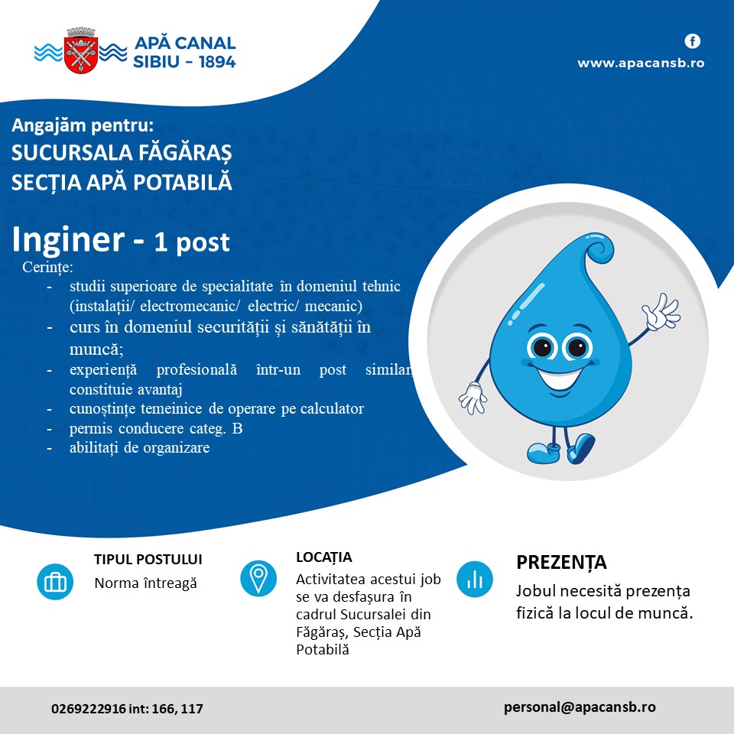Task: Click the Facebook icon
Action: pyautogui.click(x=693, y=41)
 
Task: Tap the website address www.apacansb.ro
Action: pyautogui.click(x=641, y=63)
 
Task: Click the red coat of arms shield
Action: pyautogui.click(x=82, y=54)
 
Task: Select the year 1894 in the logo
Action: pyautogui.click(x=216, y=62)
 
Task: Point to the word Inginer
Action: pyautogui.click(x=68, y=239)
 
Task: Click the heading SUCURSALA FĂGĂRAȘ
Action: pyautogui.click(x=122, y=153)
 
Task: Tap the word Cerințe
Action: pyautogui.click(x=47, y=268)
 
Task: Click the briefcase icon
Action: pyautogui.click(x=55, y=582)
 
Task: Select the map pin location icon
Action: pyautogui.click(x=258, y=579)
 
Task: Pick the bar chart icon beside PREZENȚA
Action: pyautogui.click(x=475, y=580)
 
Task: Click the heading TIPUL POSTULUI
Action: pyautogui.click(x=148, y=560)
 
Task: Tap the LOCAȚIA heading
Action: pyautogui.click(x=324, y=557)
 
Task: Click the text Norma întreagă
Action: pyautogui.click(x=145, y=583)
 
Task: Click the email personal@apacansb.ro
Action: pyautogui.click(x=580, y=707)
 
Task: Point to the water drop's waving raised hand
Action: pyautogui.click(x=661, y=311)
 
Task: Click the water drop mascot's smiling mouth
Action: pyautogui.click(x=560, y=377)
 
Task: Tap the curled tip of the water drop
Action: pyautogui.click(x=599, y=251)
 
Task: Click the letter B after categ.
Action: pyautogui.click(x=237, y=429)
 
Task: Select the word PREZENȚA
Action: pyautogui.click(x=561, y=563)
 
